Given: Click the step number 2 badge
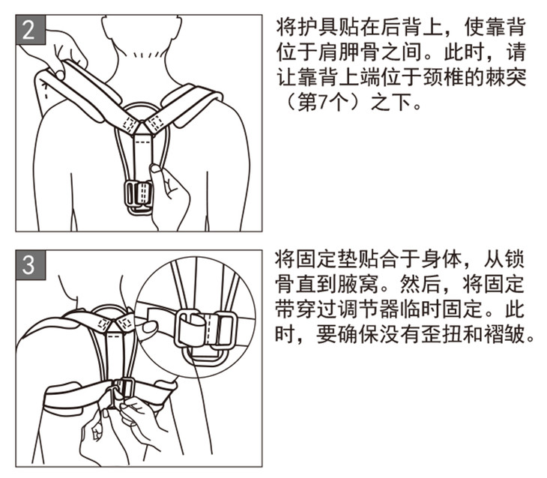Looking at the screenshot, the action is (x=31, y=30).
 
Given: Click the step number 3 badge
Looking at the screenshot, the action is (x=31, y=264).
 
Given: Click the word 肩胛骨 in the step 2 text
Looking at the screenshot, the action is (x=349, y=52).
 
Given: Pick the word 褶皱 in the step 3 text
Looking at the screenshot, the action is (x=504, y=335).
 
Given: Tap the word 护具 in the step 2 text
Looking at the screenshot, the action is (x=318, y=27).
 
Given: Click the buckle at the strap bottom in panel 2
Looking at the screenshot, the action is (x=138, y=197).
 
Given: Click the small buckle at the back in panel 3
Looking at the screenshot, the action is (x=124, y=388).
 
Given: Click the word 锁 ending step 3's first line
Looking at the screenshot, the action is (x=515, y=260).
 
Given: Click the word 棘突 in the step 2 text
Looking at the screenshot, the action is (x=504, y=77).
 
